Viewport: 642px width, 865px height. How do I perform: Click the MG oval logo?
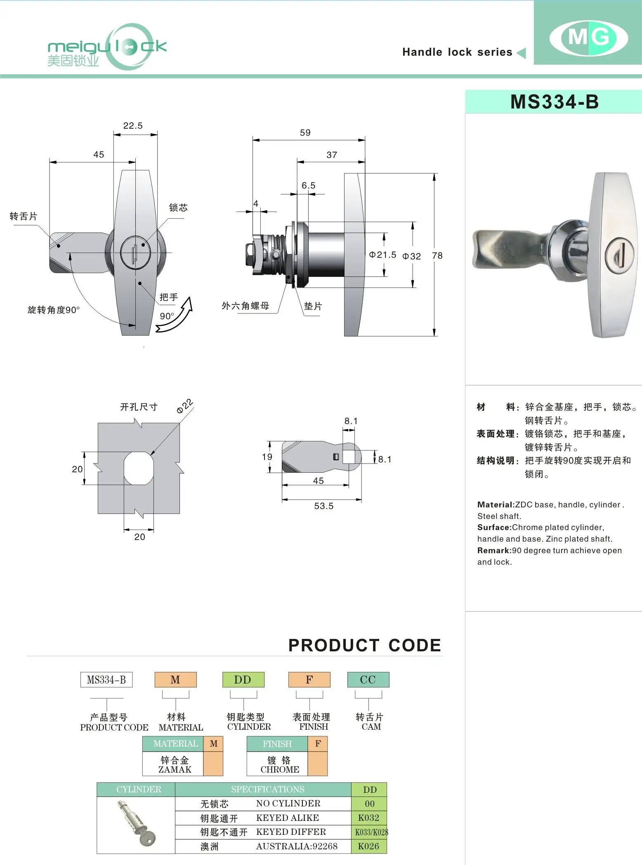pyautogui.click(x=588, y=38)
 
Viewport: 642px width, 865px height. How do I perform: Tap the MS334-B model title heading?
pyautogui.click(x=554, y=102)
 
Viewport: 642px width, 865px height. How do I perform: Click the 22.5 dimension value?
pyautogui.click(x=133, y=126)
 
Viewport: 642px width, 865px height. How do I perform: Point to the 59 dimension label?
pyautogui.click(x=305, y=133)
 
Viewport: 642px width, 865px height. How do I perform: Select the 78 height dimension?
pyautogui.click(x=437, y=256)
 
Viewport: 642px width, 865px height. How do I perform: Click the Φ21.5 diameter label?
pyautogui.click(x=382, y=255)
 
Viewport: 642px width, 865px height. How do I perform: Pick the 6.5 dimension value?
pyautogui.click(x=308, y=186)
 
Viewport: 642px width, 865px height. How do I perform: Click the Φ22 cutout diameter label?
pyautogui.click(x=184, y=406)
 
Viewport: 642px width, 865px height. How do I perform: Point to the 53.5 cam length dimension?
pyautogui.click(x=323, y=506)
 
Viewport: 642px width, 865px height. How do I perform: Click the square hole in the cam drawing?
pyautogui.click(x=349, y=457)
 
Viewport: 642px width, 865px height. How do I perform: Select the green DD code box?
pyautogui.click(x=243, y=680)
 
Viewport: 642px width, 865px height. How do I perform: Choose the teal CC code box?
pyautogui.click(x=368, y=680)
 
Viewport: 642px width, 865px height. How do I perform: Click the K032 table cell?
pyautogui.click(x=369, y=818)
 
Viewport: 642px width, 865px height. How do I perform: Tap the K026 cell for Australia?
pyautogui.click(x=369, y=846)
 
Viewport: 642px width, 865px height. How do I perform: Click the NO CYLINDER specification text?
pyautogui.click(x=288, y=804)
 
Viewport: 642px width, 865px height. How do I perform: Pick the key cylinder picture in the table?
pyautogui.click(x=137, y=824)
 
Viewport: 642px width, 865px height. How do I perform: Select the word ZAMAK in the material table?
pyautogui.click(x=175, y=770)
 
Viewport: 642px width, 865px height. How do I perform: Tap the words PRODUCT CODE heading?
pyautogui.click(x=365, y=646)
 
